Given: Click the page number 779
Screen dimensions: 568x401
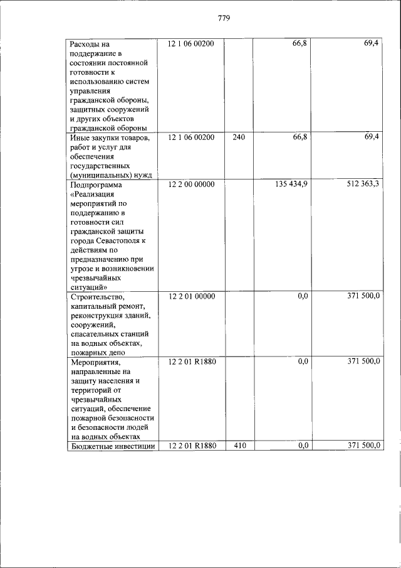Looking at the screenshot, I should point(225,18).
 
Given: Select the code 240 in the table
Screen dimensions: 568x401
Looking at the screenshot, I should point(238,137).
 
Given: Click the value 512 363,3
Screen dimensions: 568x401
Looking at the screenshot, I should point(362,185).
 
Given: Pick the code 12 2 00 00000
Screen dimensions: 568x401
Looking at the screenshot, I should point(191,185).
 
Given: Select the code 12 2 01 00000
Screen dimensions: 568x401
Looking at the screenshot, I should point(191,296).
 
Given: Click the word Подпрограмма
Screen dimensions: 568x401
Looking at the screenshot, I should point(97,185).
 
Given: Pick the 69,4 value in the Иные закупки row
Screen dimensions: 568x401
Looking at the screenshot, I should point(371,137).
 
